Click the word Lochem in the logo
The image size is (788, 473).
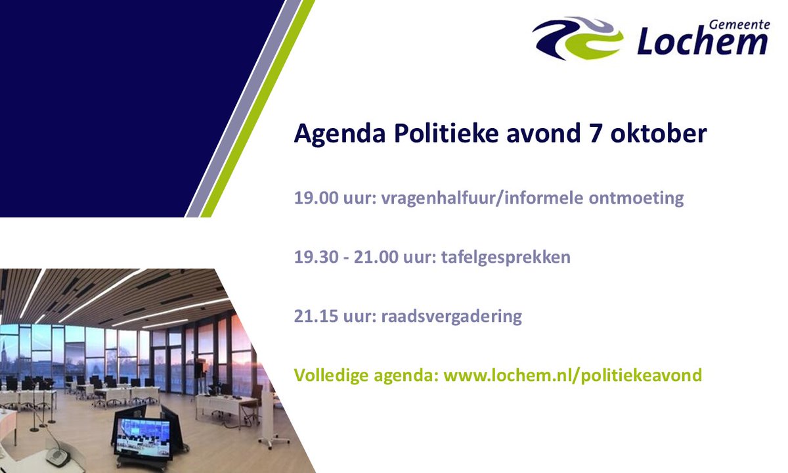pos(702,42)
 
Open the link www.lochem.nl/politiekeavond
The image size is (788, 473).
pos(573,376)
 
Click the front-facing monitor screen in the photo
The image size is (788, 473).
pos(142,436)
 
